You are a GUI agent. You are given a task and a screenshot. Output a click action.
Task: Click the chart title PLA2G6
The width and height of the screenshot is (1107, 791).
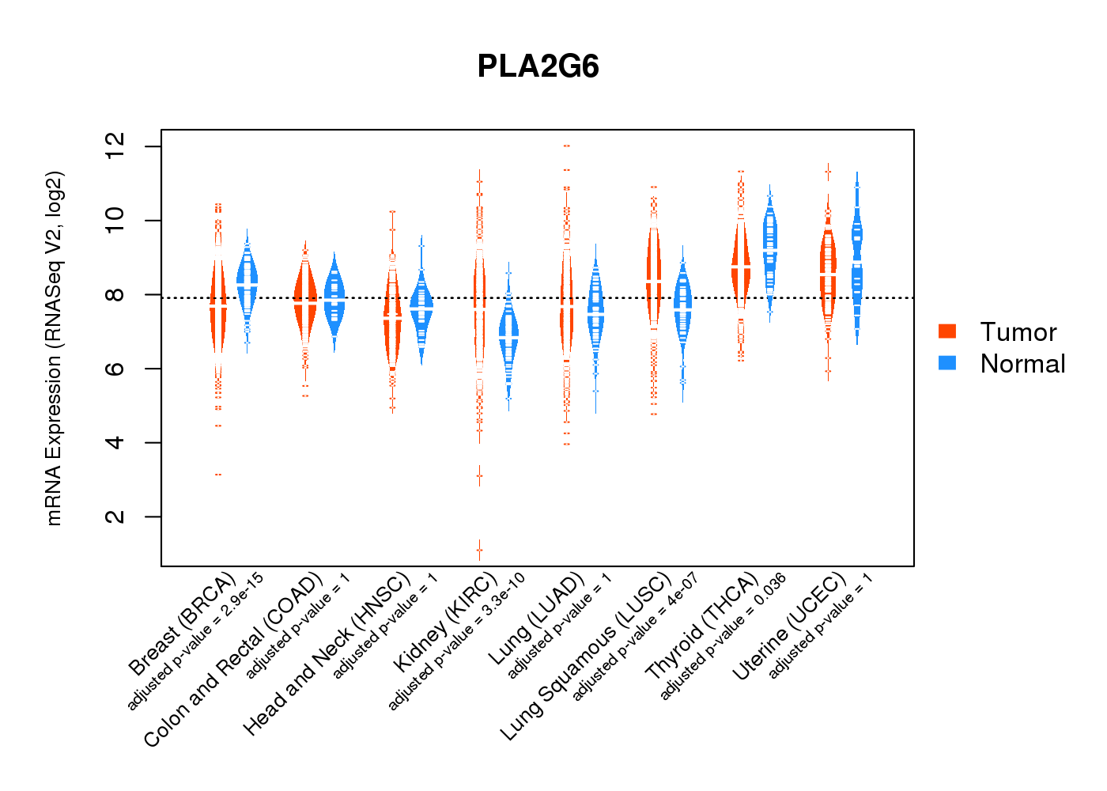pyautogui.click(x=538, y=66)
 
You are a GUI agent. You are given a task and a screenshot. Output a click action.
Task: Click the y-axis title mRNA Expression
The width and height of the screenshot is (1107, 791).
pyautogui.click(x=54, y=348)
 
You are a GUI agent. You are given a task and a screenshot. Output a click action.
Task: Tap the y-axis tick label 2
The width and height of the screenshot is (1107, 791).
pyautogui.click(x=115, y=517)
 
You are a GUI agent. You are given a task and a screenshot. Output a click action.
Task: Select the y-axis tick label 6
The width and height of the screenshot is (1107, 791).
pyautogui.click(x=115, y=369)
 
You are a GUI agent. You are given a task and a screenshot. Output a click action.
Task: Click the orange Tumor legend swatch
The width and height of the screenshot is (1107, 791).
pyautogui.click(x=946, y=331)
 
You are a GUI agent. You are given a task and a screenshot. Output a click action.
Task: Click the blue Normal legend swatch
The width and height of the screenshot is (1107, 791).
pyautogui.click(x=946, y=363)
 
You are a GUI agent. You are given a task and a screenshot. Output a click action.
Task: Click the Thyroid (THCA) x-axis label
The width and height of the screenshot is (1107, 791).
pyautogui.click(x=702, y=626)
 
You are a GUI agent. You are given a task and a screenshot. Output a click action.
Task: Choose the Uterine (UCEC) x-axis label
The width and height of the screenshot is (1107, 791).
pyautogui.click(x=789, y=626)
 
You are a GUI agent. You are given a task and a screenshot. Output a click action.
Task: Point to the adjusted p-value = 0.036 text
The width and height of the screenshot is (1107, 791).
pyautogui.click(x=723, y=637)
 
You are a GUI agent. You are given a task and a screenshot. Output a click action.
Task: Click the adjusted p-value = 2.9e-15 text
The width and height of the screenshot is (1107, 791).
pyautogui.click(x=195, y=638)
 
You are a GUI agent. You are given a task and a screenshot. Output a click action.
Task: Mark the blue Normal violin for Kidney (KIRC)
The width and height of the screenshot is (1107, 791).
pyautogui.click(x=508, y=337)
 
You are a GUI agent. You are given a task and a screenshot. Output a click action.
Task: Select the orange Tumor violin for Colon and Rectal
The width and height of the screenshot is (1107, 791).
pyautogui.click(x=305, y=301)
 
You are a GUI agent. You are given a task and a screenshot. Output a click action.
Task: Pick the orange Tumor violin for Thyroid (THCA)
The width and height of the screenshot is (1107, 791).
pyautogui.click(x=741, y=265)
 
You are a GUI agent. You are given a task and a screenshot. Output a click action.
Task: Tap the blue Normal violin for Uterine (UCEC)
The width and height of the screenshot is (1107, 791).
pyautogui.click(x=856, y=253)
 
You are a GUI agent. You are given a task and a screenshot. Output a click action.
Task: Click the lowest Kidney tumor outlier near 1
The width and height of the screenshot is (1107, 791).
pyautogui.click(x=479, y=550)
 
